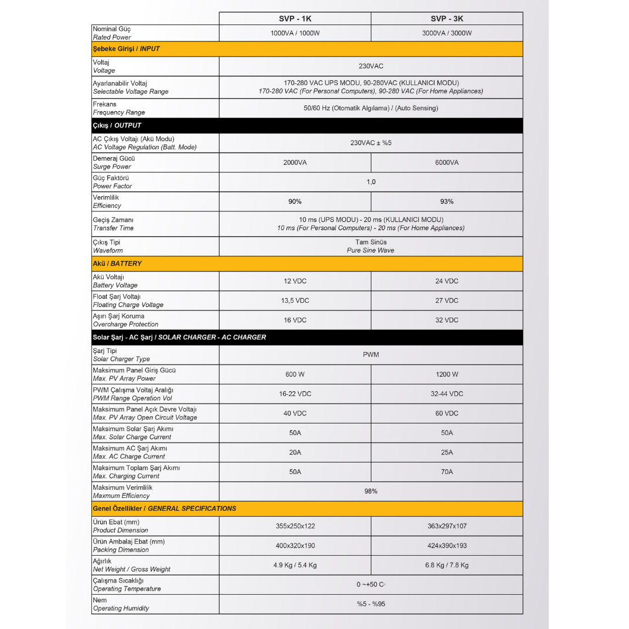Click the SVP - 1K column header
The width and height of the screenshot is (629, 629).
point(295,19)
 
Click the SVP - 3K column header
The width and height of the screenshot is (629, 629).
point(447,19)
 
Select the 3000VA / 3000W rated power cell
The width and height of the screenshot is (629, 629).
point(447,33)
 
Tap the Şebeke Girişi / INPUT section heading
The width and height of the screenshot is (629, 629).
point(126,49)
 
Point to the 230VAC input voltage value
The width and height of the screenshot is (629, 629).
point(371,66)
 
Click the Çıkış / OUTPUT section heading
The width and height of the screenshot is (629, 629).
point(117,125)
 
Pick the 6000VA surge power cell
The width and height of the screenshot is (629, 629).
point(447,162)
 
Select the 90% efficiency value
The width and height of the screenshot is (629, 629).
point(295,202)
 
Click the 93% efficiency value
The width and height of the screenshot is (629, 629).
point(447,202)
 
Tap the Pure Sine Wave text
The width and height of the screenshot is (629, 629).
point(370,250)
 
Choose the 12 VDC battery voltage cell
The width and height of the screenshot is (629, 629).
point(295,281)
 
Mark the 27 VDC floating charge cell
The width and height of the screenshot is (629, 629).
point(447,301)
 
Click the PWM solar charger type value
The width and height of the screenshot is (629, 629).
point(371,355)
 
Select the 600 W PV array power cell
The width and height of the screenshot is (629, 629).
point(295,374)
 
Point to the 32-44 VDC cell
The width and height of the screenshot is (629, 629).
point(447,394)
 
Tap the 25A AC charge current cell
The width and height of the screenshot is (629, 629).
point(447,453)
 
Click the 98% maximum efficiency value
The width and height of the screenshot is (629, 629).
point(371,491)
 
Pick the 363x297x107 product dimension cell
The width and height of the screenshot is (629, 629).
point(447,526)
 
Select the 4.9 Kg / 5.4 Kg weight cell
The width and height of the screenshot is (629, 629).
point(295,565)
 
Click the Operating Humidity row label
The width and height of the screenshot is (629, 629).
point(121,609)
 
